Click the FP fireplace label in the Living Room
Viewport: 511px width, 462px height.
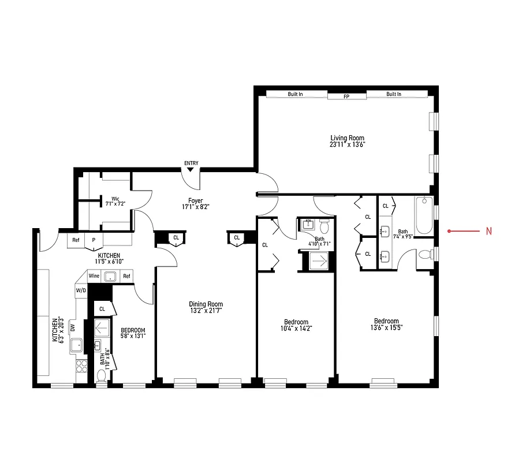click(x=346, y=96)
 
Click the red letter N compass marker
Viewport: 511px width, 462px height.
click(x=488, y=232)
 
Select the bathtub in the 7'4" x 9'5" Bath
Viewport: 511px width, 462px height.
click(x=424, y=215)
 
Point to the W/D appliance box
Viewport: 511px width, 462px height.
click(x=80, y=290)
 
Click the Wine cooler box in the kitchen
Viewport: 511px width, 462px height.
click(x=94, y=276)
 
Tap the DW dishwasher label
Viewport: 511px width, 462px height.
click(x=73, y=327)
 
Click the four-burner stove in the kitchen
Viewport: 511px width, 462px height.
click(x=82, y=366)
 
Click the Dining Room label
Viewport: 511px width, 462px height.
click(x=206, y=304)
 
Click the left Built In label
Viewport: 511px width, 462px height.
click(x=295, y=94)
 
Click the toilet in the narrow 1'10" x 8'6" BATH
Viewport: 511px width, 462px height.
click(x=102, y=377)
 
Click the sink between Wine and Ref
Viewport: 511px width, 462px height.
click(x=110, y=276)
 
